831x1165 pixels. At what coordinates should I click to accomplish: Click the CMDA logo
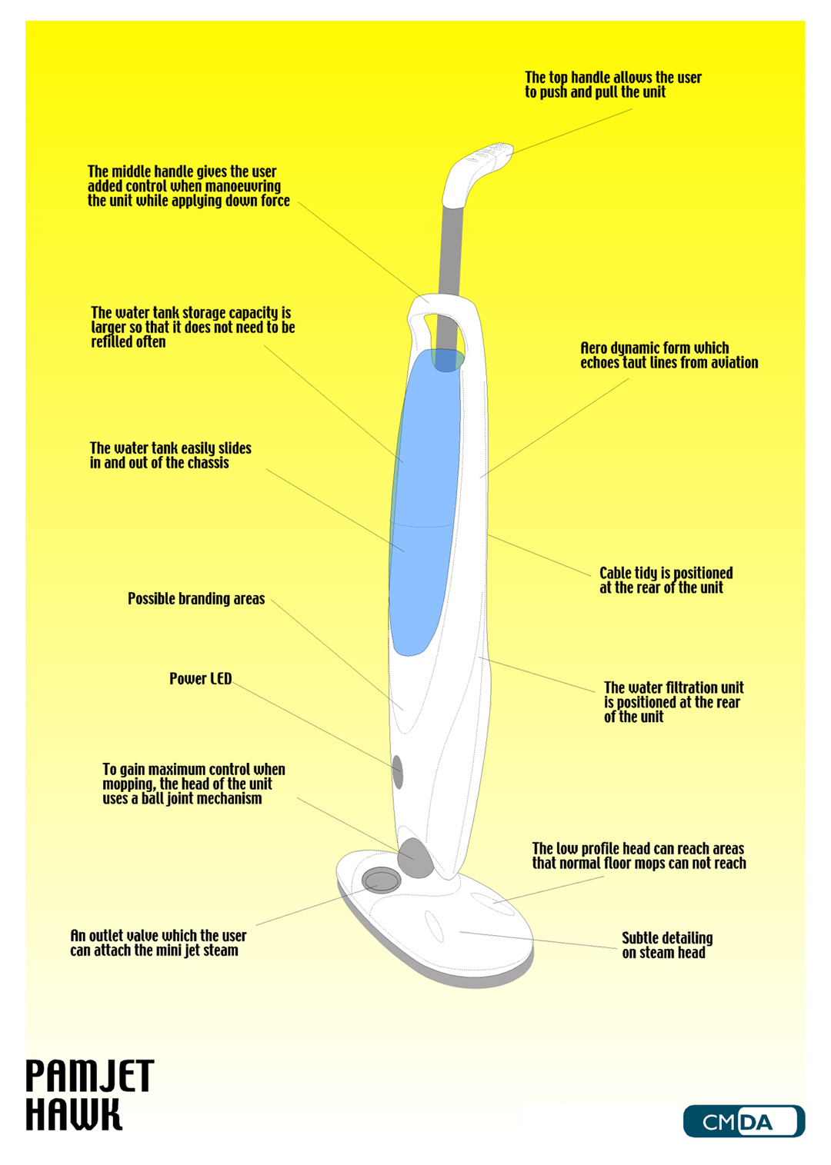coord(743,1121)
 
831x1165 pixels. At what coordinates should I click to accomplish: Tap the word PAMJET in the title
coord(90,1076)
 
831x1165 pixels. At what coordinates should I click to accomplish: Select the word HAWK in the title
coord(74,1114)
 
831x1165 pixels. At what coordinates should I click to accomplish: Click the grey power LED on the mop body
coord(398,772)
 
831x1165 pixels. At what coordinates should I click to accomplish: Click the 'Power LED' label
coord(200,679)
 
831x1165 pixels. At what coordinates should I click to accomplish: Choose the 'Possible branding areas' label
coord(196,598)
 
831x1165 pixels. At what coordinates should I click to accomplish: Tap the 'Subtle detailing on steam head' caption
coord(667,945)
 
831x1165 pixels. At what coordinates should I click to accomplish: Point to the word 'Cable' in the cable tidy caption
coord(616,573)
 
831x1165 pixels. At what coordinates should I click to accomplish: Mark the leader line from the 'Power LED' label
coord(313,724)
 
